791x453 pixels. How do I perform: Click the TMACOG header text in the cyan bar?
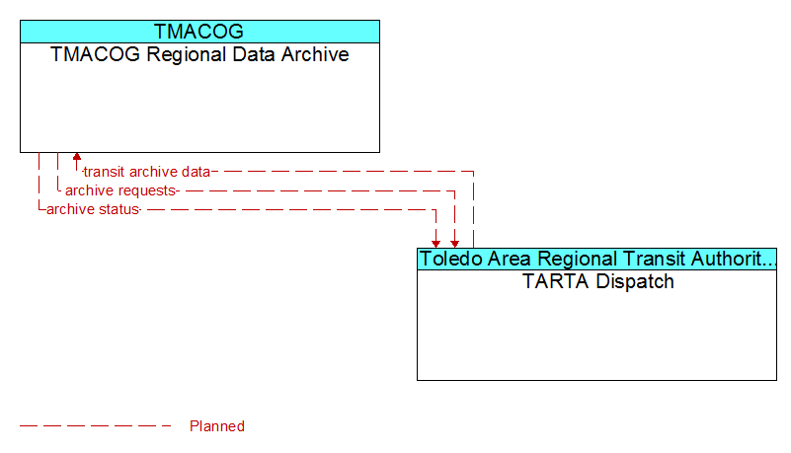click(x=198, y=32)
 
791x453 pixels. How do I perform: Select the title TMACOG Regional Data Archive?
click(x=199, y=54)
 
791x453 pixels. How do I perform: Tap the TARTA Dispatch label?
click(x=597, y=281)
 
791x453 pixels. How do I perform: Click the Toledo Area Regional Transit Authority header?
click(x=597, y=259)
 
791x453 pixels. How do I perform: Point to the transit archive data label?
click(x=147, y=172)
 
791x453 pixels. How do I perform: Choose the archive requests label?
click(x=120, y=190)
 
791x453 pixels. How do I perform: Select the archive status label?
click(x=93, y=209)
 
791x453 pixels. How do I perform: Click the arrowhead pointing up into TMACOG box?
click(x=77, y=157)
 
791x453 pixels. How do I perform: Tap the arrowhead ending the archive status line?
click(x=435, y=244)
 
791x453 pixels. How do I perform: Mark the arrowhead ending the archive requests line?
click(x=454, y=244)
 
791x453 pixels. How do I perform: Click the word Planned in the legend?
click(x=217, y=426)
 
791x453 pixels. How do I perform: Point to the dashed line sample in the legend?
click(x=96, y=426)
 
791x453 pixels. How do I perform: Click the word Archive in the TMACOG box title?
click(x=315, y=54)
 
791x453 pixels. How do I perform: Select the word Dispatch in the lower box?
click(x=635, y=281)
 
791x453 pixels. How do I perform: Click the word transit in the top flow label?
click(x=104, y=172)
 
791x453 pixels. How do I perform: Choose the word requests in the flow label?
click(x=148, y=191)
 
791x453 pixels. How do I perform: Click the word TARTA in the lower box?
click(x=556, y=281)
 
